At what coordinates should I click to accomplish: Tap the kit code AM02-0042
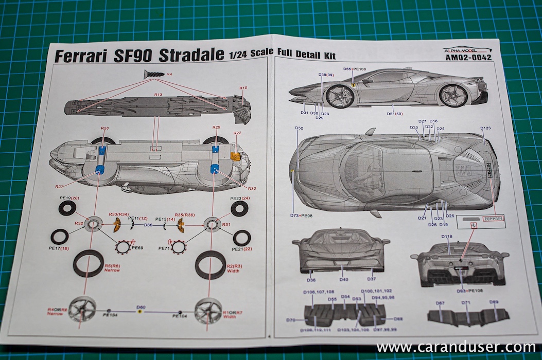[467, 58]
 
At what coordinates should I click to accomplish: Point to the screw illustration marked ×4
[154, 75]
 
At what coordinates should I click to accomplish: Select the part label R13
[158, 95]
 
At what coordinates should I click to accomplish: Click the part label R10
[243, 88]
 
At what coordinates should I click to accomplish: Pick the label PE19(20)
[68, 199]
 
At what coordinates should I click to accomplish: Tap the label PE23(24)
[240, 199]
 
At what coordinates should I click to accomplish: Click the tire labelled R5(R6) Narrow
[88, 263]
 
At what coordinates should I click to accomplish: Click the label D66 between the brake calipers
[148, 225]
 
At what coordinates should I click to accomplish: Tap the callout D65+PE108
[355, 69]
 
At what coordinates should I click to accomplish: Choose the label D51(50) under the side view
[395, 114]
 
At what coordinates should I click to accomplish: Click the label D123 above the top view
[486, 128]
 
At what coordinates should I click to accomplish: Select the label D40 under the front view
[343, 279]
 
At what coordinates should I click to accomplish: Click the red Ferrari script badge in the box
[492, 219]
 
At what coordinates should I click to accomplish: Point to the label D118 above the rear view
[447, 237]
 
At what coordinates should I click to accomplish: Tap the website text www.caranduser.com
[456, 347]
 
